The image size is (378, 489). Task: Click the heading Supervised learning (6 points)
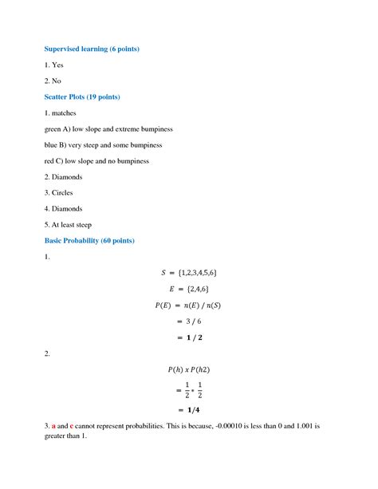pos(92,49)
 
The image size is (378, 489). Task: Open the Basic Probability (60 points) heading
pos(89,240)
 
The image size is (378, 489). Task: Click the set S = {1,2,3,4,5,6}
pos(189,274)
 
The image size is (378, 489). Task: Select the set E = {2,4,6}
pos(189,290)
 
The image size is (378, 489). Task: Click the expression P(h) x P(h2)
pos(189,369)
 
